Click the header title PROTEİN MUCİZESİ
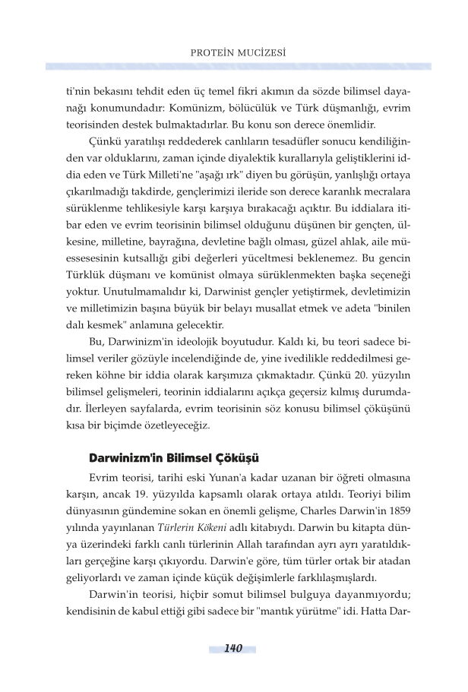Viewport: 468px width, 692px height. (235, 53)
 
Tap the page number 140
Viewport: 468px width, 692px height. (233, 648)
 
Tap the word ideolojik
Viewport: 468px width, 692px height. (209, 355)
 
